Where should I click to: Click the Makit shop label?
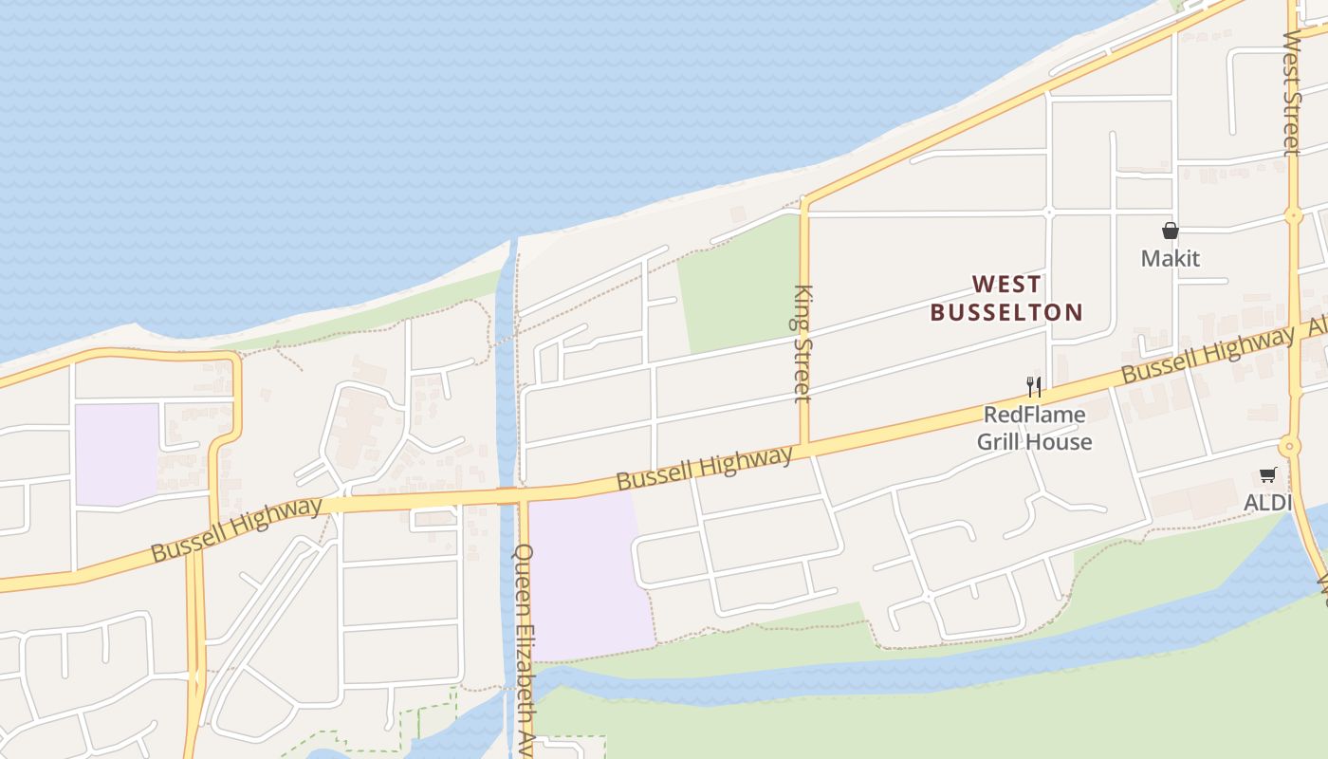1170,258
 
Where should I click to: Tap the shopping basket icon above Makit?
1171,231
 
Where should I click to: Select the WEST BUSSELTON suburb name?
1006,298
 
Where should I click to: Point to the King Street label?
802,343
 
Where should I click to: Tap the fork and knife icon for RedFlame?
1034,386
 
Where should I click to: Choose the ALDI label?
1268,502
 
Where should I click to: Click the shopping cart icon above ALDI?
1268,475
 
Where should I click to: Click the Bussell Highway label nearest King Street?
704,468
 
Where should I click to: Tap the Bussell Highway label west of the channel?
236,529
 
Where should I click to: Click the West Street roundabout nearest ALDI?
1288,446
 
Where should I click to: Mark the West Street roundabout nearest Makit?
1294,216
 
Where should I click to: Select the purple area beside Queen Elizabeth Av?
588,574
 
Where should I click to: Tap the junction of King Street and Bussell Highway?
804,447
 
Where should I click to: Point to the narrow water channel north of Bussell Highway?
506,379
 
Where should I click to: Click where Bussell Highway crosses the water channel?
508,494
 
